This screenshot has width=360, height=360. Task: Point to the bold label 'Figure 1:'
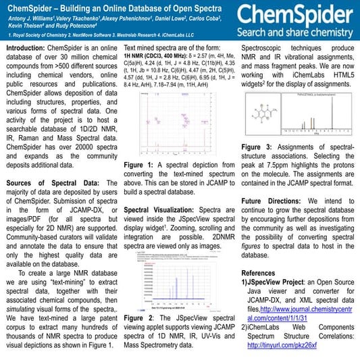tap(140, 164)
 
